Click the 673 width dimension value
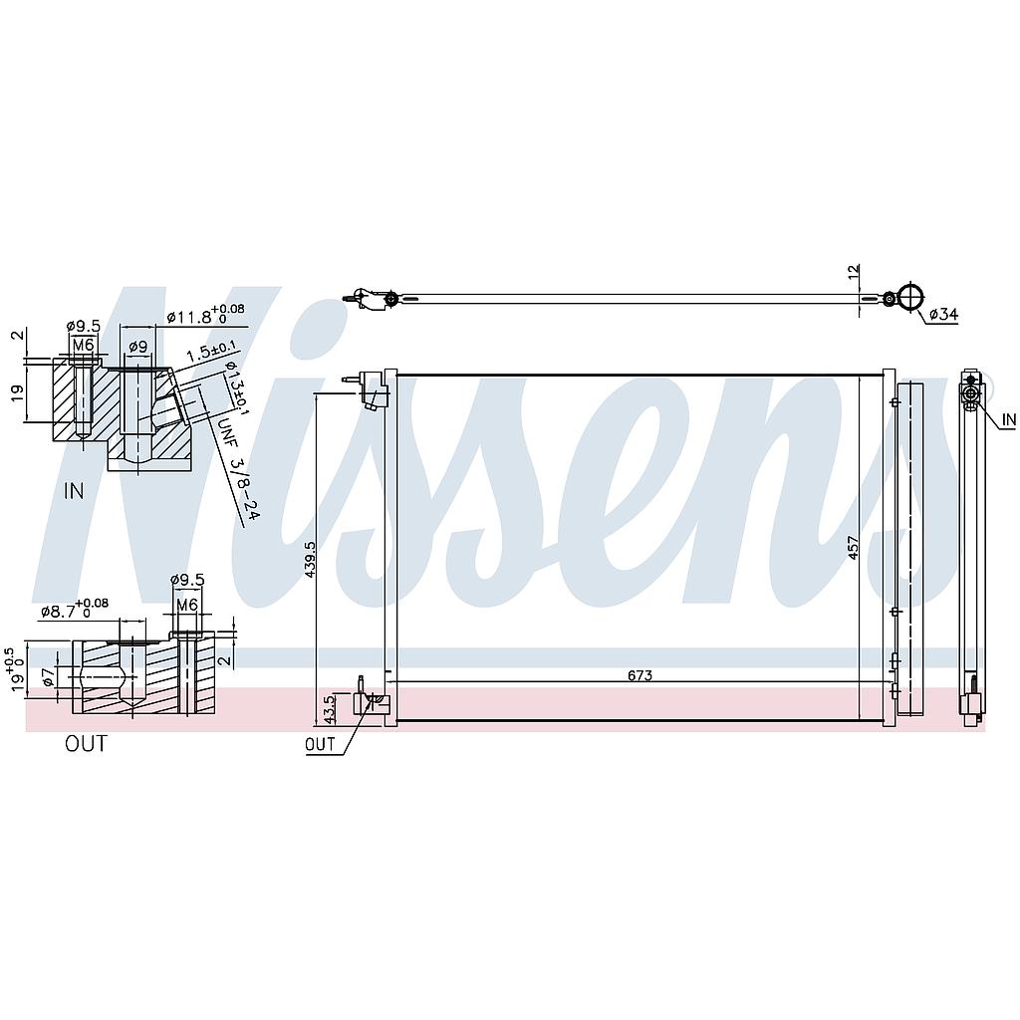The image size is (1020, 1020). (x=639, y=675)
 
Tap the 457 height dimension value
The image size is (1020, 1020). (x=854, y=547)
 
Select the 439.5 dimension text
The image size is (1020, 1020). (x=311, y=560)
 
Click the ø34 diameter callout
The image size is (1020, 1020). (x=943, y=314)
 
